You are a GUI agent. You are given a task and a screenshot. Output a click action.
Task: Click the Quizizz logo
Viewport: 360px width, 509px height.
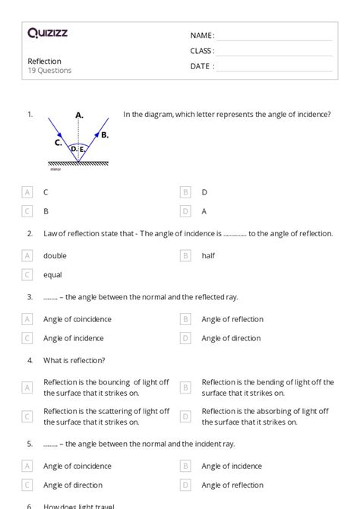47,33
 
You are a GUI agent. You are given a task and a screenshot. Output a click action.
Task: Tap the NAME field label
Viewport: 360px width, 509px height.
202,35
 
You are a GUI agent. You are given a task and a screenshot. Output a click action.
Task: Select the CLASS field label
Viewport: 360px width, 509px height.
202,51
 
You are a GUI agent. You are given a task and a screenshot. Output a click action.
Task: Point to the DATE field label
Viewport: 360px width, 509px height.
202,66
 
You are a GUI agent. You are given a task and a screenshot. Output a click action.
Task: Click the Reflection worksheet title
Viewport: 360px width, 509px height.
44,61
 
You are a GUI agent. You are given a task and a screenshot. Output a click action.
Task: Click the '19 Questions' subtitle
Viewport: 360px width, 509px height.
49,71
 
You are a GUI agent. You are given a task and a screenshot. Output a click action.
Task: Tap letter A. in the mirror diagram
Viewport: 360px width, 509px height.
79,115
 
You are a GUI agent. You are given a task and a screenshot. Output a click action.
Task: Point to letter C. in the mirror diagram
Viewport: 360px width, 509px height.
58,141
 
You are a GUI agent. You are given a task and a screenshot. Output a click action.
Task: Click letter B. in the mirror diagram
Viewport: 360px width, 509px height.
105,134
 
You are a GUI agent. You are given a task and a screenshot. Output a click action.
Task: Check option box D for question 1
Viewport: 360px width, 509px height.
185,211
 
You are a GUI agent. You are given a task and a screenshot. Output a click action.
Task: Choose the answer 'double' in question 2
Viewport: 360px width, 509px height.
55,256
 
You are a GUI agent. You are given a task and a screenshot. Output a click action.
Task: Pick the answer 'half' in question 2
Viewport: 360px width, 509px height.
208,256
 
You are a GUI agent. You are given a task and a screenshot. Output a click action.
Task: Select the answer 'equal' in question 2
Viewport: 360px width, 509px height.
52,275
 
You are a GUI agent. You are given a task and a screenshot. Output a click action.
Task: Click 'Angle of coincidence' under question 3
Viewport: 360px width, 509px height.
77,320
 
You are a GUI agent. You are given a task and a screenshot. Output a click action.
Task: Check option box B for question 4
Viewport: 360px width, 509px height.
185,387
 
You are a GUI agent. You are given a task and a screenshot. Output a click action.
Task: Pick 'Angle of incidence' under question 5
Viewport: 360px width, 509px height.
232,466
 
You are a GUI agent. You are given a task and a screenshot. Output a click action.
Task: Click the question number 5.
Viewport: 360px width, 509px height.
30,443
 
